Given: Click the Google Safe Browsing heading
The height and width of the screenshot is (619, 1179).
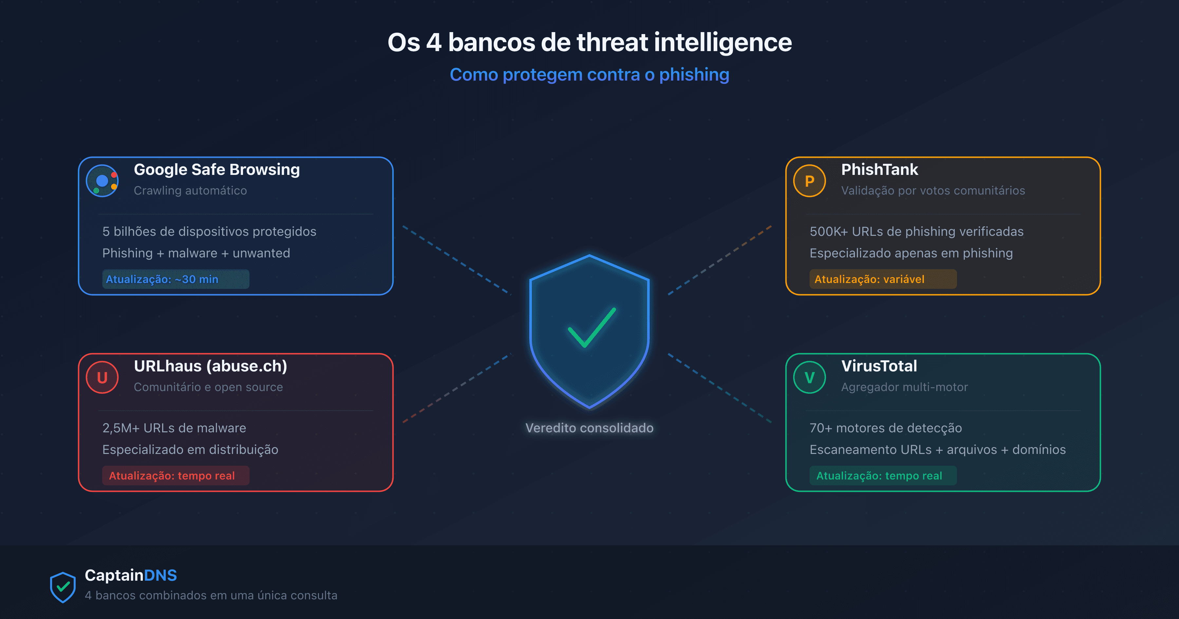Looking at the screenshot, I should point(216,170).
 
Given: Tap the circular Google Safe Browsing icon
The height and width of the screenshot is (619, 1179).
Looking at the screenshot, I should point(102,181).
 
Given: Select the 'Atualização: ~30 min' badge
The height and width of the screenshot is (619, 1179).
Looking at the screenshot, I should point(175,279).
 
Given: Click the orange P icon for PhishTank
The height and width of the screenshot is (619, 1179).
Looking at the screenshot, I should point(809,181).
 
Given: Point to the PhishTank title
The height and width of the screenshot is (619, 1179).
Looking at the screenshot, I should point(879,170).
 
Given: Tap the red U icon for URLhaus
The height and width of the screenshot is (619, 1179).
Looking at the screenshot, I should point(102,377).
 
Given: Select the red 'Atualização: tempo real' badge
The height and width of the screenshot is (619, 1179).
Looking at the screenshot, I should point(175,476).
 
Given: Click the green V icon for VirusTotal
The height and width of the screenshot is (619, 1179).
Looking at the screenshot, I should point(809,377).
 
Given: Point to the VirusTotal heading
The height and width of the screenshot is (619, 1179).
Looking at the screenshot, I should point(879,366).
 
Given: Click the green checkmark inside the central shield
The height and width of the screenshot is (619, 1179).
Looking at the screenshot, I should point(591,328).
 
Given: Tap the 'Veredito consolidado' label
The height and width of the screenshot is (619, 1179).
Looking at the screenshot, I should point(589,428).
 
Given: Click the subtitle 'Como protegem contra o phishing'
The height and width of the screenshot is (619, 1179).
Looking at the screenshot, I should point(589,75).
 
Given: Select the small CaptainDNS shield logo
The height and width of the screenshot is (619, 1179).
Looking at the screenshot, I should point(63,587).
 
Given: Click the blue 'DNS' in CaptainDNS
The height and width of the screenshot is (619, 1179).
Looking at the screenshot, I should point(160,575).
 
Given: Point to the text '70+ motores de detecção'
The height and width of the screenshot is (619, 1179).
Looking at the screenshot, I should point(885,428).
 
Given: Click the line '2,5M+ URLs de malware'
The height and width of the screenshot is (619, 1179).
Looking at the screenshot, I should point(174,428).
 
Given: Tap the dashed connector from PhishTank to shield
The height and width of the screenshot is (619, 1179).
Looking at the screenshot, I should point(720,260).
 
